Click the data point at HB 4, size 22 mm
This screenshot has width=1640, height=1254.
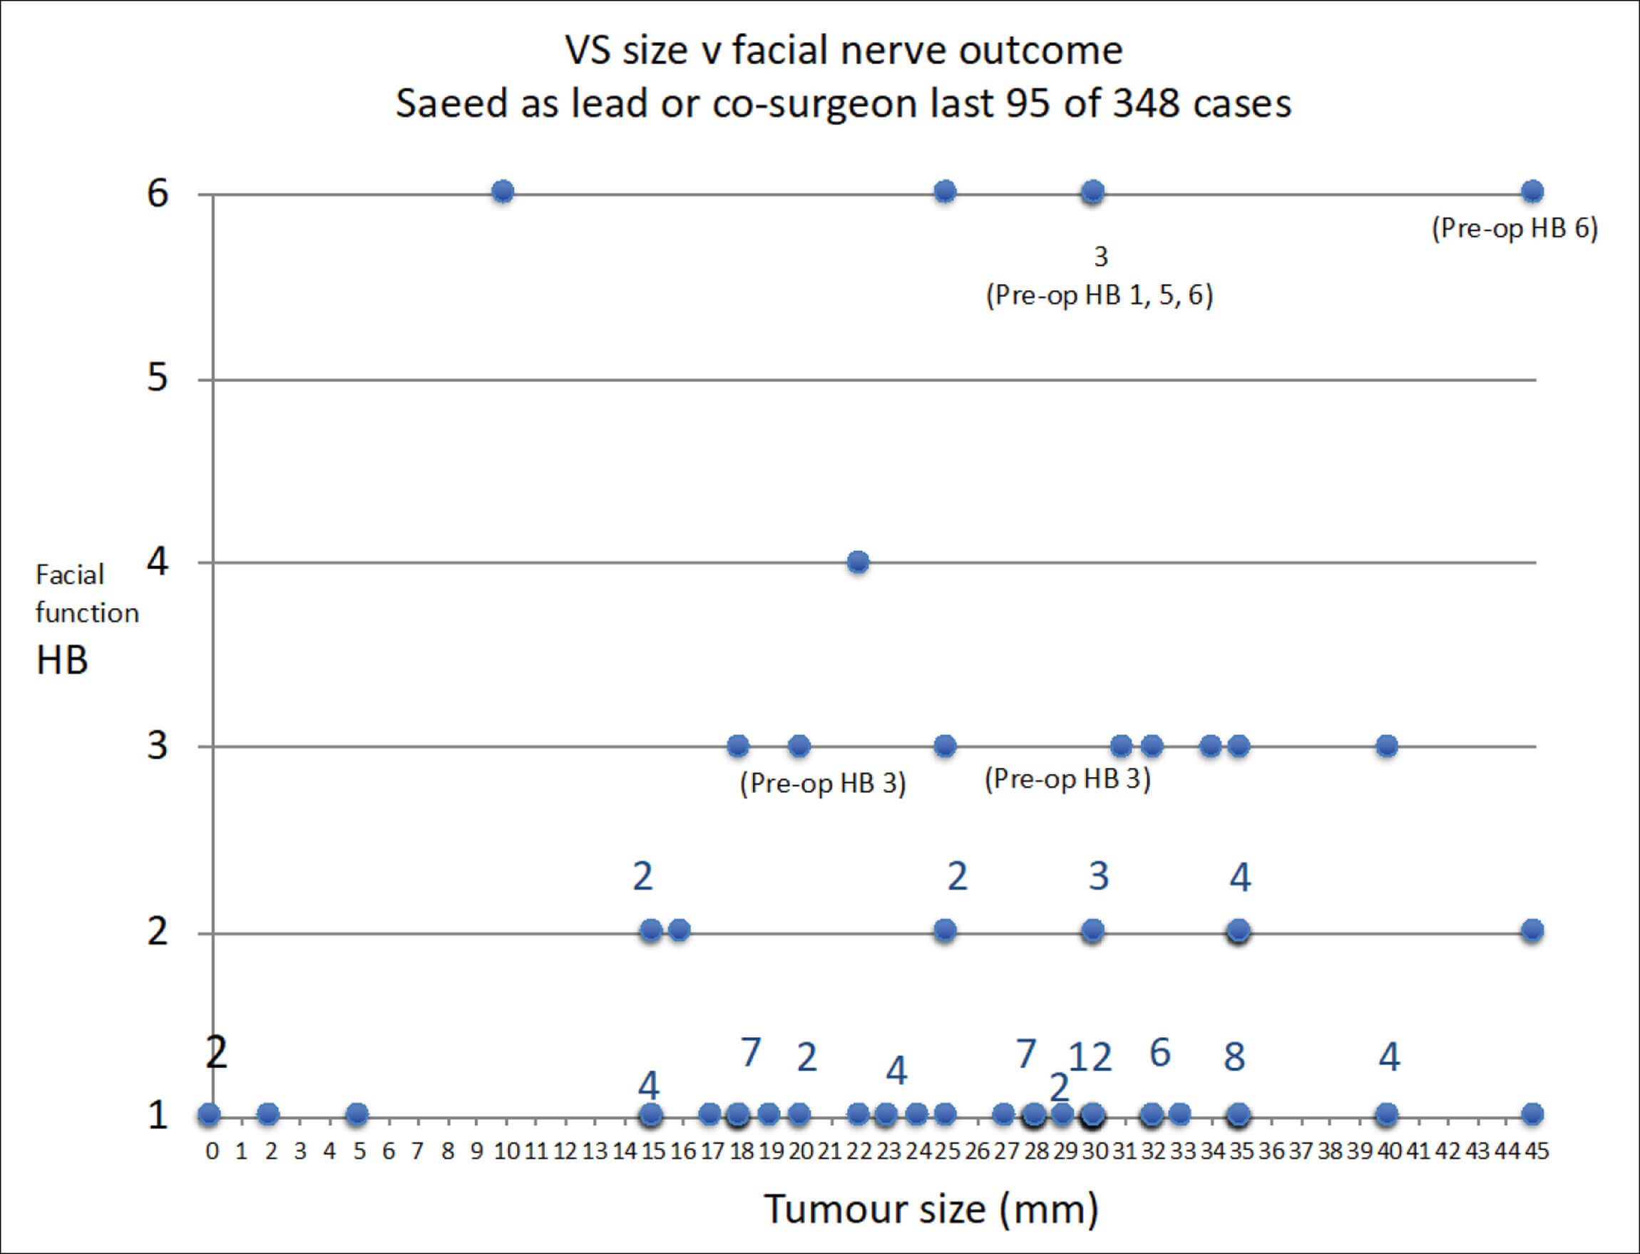tap(859, 562)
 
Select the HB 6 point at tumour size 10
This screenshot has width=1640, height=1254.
tap(503, 192)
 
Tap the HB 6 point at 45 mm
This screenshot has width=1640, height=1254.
tap(1532, 192)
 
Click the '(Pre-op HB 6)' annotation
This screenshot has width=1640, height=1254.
tap(1515, 228)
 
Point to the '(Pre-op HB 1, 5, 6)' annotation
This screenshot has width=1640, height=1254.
tap(1100, 296)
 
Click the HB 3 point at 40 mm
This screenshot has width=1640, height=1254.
tap(1387, 746)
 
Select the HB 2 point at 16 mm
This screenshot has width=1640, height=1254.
tap(680, 930)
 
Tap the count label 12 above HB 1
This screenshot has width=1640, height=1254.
tap(1090, 1058)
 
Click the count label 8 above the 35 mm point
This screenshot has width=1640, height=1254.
tap(1235, 1057)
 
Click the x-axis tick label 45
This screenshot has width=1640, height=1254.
tap(1536, 1152)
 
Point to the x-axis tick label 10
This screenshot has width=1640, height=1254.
tap(507, 1152)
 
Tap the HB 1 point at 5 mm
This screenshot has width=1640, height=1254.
tap(357, 1114)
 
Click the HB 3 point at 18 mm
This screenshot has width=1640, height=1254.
tap(738, 746)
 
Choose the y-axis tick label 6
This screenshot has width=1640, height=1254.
tap(158, 193)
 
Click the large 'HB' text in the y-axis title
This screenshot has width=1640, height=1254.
tap(62, 660)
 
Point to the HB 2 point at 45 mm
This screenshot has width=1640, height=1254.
tap(1532, 930)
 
